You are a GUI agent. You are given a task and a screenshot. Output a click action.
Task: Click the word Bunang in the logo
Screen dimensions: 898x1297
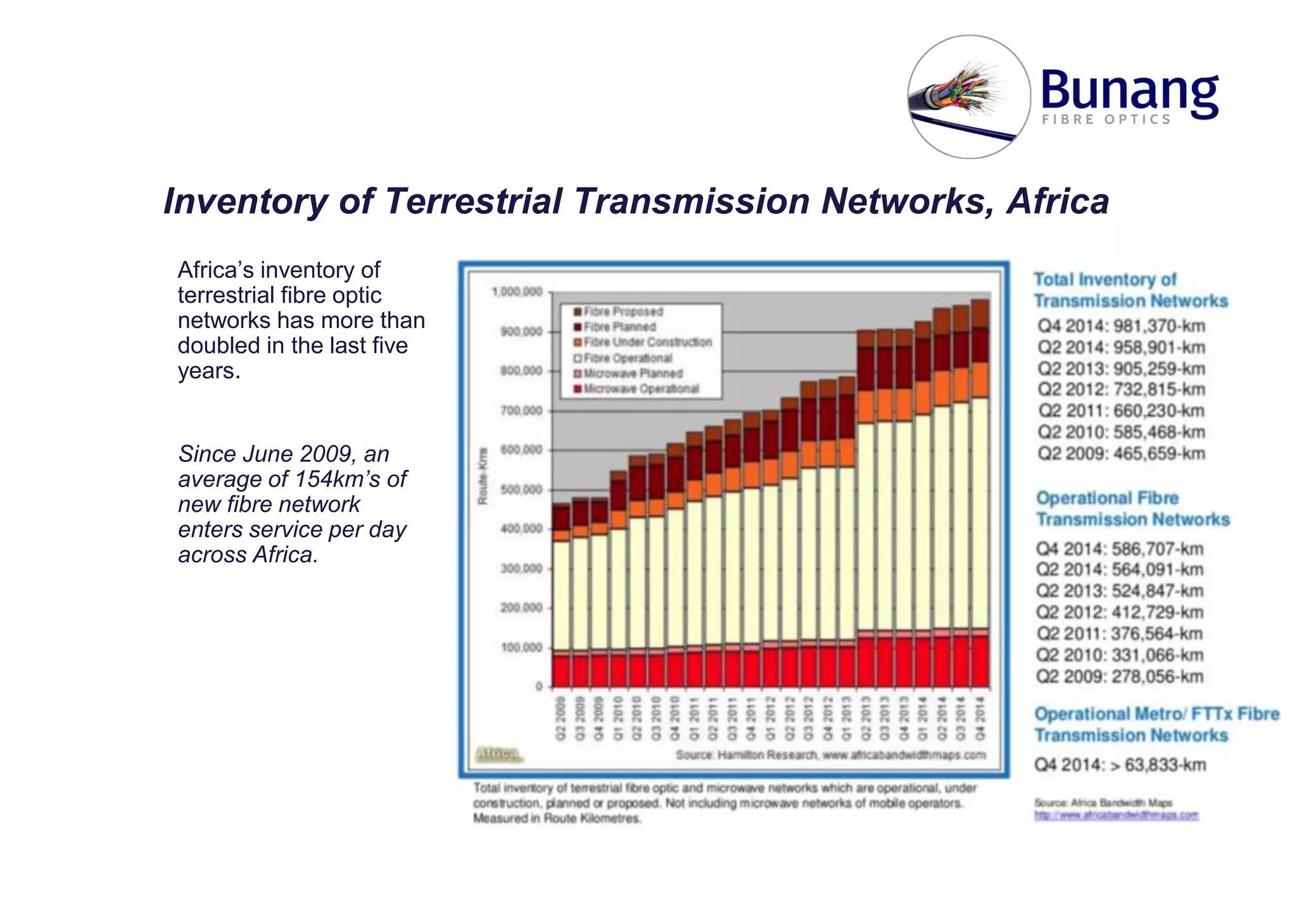1129,90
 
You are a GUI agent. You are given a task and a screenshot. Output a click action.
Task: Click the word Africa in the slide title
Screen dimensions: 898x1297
1058,201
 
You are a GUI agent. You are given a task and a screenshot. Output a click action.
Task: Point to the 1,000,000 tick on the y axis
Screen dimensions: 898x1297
517,292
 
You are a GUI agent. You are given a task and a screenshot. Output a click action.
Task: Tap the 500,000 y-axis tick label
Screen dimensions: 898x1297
521,490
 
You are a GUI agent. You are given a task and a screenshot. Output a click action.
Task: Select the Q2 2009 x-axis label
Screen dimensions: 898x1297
560,718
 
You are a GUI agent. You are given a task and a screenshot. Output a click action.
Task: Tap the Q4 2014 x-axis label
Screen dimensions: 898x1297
980,718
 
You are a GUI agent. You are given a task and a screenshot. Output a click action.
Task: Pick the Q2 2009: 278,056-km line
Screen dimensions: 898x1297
1119,676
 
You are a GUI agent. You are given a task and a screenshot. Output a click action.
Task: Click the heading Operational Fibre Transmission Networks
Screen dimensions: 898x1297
1132,509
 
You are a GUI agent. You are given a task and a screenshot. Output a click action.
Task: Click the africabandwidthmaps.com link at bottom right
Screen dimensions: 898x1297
1116,815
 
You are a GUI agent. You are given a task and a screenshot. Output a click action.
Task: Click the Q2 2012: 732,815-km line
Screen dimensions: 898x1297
1121,389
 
